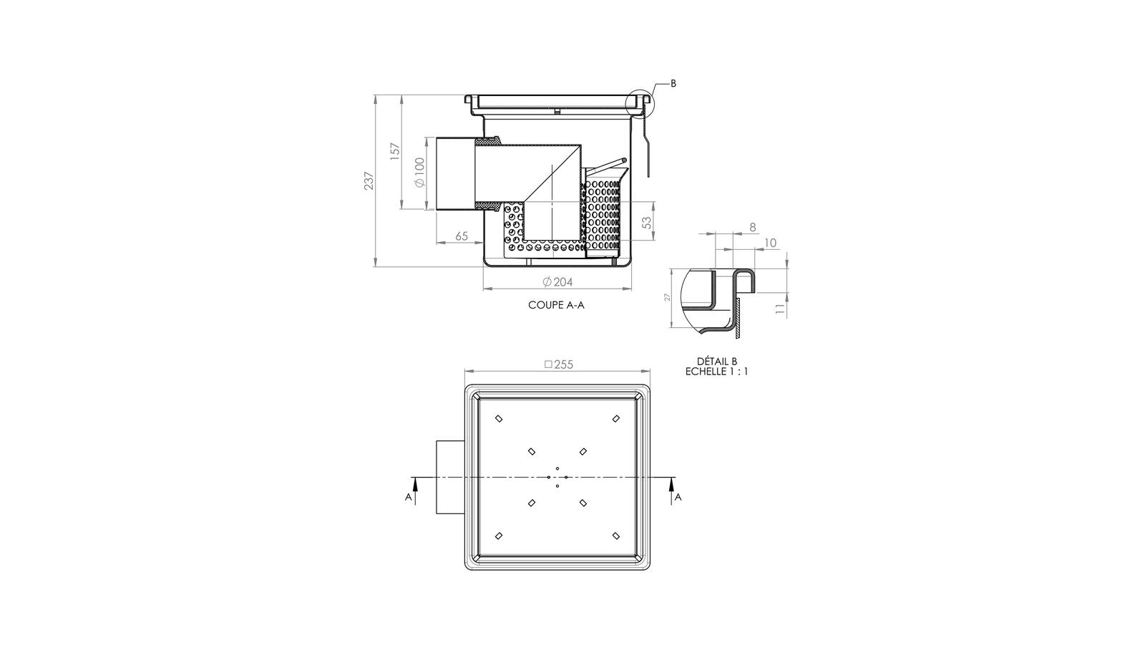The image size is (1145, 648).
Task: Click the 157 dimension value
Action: click(395, 152)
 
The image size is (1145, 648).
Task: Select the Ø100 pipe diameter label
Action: click(419, 173)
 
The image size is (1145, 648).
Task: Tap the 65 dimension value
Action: click(462, 236)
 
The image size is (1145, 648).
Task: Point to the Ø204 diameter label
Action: click(557, 282)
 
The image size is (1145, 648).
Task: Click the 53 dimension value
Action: click(646, 223)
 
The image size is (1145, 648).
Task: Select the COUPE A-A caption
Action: click(556, 305)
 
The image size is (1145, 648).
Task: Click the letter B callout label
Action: click(673, 83)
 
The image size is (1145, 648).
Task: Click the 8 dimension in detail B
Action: click(752, 227)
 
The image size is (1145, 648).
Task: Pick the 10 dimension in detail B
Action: click(770, 243)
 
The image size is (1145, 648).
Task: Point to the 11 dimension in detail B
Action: click(781, 309)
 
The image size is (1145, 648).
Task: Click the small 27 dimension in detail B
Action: click(666, 297)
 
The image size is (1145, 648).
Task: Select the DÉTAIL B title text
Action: click(716, 362)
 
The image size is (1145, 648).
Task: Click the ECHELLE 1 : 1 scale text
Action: click(716, 372)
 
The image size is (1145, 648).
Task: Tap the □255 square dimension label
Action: click(559, 364)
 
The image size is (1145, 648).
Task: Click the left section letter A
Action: click(408, 497)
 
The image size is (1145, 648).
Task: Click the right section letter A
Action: click(678, 497)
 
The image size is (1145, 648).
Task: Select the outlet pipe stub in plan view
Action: click(450, 477)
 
